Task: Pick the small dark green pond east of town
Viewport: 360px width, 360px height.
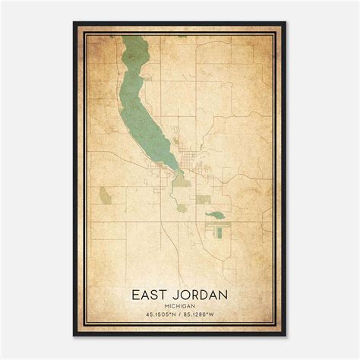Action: [216, 215]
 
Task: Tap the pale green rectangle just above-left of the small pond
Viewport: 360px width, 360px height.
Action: [203, 199]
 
